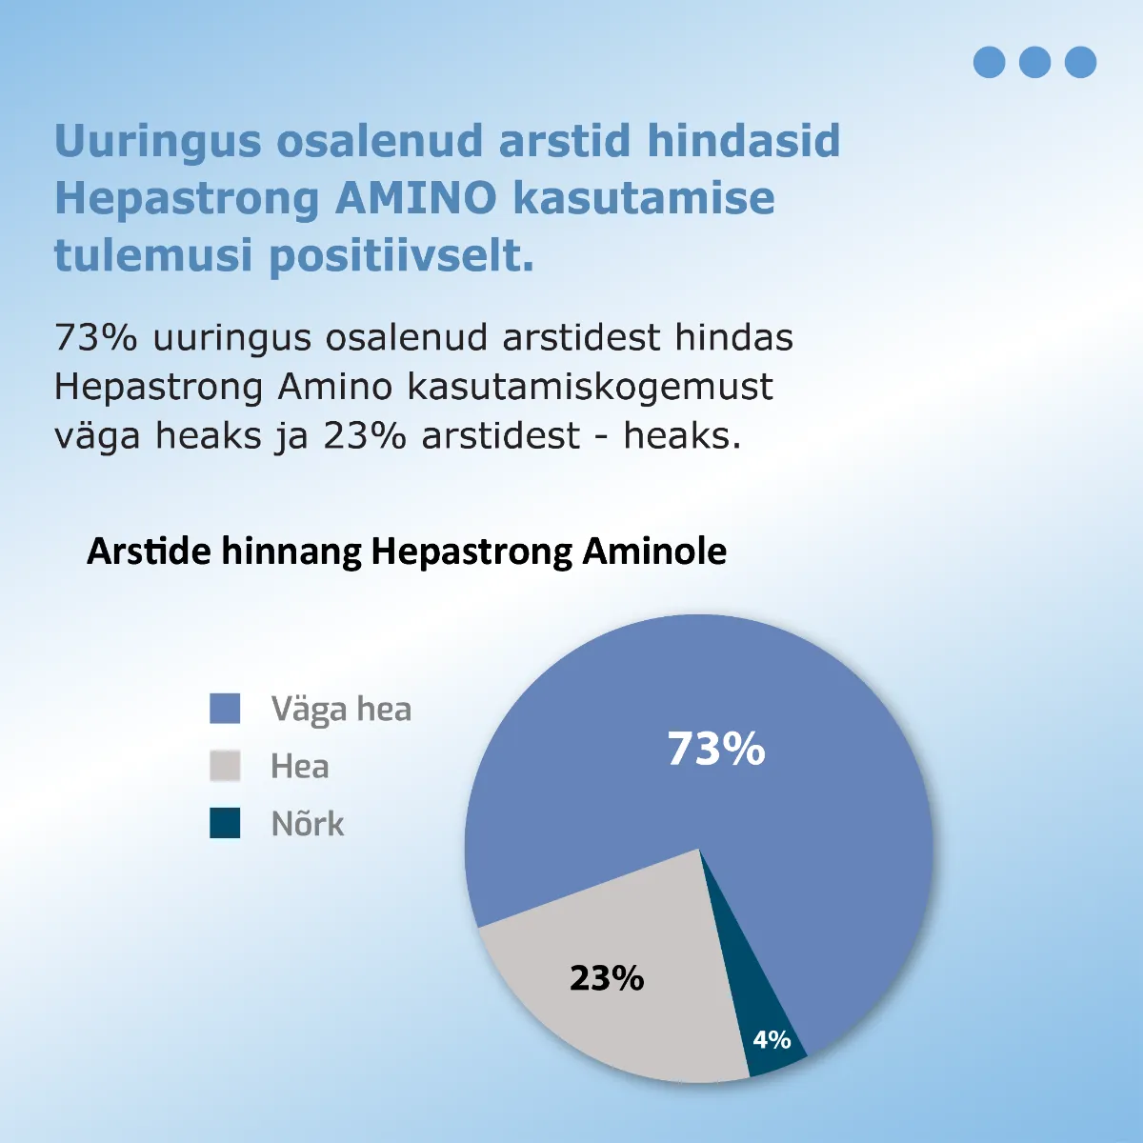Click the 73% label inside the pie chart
(x=715, y=750)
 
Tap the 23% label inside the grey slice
(x=607, y=978)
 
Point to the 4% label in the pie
(x=772, y=1039)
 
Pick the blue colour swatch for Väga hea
(x=225, y=709)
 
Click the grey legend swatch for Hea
(x=225, y=766)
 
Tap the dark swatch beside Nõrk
(x=225, y=823)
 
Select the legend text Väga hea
(x=341, y=710)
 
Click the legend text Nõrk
(x=307, y=824)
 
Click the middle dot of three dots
(x=1034, y=62)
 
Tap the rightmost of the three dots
(x=1080, y=62)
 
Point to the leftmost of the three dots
(x=989, y=62)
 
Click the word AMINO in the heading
(x=416, y=198)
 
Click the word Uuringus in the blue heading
(x=157, y=141)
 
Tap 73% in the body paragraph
(x=96, y=337)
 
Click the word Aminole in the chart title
(x=654, y=551)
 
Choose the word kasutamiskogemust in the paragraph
(x=590, y=387)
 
